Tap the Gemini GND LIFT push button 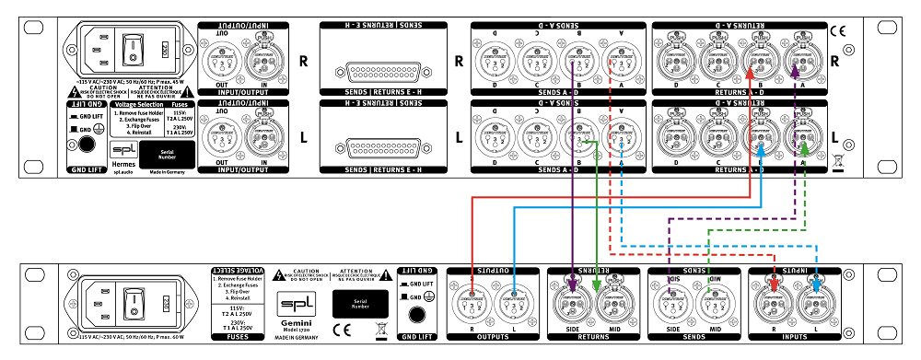[x=416, y=314]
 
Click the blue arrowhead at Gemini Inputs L [x=818, y=285]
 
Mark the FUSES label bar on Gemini [x=231, y=337]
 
